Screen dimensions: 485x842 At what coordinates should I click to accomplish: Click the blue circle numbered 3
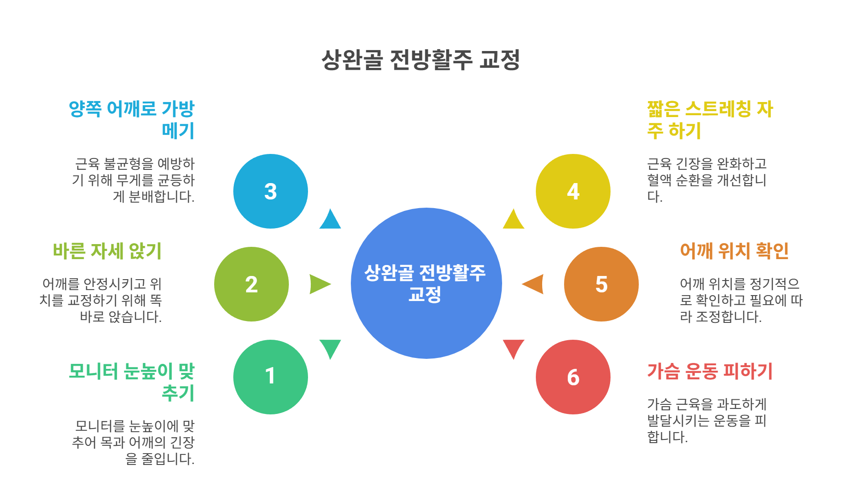270,191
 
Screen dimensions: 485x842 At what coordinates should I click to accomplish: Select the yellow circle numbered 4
573,191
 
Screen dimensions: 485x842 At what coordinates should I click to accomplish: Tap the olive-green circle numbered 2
251,284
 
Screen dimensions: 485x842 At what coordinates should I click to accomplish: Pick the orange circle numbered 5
601,284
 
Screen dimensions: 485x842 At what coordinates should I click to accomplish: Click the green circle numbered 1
270,377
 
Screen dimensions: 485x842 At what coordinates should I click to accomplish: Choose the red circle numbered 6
573,377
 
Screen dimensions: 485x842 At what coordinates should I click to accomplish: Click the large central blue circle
426,283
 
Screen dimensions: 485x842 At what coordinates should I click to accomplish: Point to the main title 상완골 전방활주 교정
421,60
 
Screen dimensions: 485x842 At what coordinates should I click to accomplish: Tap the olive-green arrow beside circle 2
319,284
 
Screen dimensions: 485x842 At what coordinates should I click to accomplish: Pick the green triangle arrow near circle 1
330,347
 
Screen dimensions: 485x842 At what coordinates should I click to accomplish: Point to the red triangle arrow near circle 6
513,347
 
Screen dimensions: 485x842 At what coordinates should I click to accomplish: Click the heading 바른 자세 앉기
107,251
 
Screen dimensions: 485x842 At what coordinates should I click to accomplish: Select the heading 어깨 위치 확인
734,251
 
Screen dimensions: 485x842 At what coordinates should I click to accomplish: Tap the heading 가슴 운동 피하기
710,371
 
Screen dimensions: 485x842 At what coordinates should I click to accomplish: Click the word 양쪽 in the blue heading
85,109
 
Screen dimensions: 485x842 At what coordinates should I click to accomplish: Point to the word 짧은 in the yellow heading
664,109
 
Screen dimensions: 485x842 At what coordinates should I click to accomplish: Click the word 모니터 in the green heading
93,371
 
